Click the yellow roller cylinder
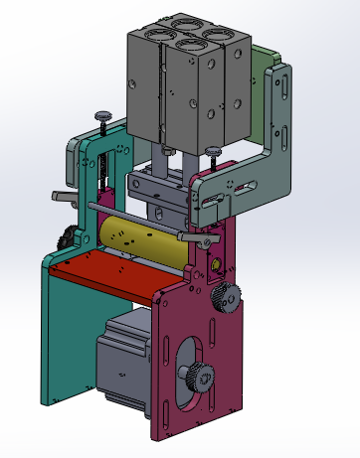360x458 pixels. (x=139, y=244)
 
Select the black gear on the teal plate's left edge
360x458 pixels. (x=65, y=237)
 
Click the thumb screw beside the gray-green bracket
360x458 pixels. (x=212, y=151)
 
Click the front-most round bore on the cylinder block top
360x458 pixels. (x=186, y=45)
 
